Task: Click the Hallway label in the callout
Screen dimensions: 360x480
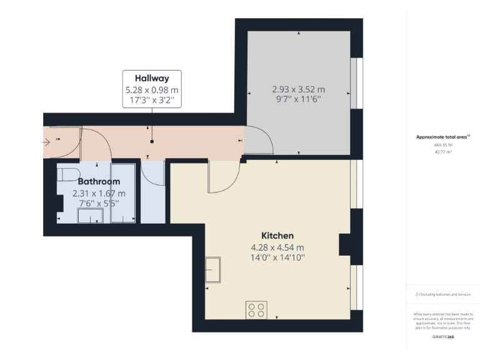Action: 152,79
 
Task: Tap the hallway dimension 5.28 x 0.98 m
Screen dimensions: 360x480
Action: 152,90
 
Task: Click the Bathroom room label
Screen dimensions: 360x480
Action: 99,182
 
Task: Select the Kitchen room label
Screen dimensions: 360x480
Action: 277,236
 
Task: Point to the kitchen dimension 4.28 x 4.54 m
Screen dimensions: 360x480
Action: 277,247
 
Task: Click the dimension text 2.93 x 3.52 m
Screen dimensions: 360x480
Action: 298,89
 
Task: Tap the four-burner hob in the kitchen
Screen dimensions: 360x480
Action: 256,310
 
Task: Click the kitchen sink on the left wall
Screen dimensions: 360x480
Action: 212,269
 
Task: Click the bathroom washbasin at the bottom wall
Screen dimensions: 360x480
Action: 90,216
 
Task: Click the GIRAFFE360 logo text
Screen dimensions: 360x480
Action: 442,337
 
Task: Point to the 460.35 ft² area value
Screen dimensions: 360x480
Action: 442,144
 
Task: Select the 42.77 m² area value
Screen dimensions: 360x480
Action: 442,151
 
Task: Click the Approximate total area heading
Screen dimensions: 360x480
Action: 442,136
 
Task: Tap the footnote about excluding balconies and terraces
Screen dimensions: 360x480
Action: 442,294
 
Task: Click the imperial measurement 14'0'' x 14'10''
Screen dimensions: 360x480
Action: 277,257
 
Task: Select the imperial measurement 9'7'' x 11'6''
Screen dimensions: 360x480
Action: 298,99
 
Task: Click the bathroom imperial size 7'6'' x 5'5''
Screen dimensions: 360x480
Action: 99,202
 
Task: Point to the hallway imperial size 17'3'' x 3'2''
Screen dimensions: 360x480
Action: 152,100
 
